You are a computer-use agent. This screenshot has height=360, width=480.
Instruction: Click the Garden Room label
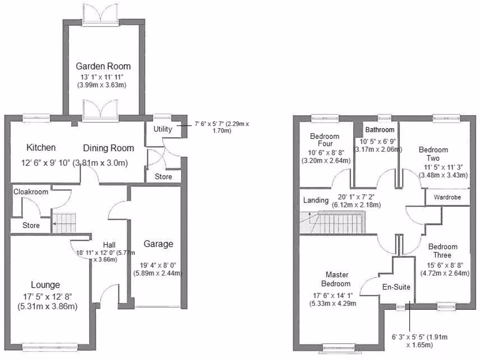pyautogui.click(x=103, y=66)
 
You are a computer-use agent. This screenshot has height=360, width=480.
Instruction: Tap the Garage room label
pyautogui.click(x=158, y=244)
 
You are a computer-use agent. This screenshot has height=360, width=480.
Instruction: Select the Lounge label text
pyautogui.click(x=45, y=285)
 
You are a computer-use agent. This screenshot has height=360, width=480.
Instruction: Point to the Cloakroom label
pyautogui.click(x=31, y=192)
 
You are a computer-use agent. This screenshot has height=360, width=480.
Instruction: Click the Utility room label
pyautogui.click(x=163, y=129)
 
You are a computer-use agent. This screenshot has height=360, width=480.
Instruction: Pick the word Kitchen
pyautogui.click(x=41, y=148)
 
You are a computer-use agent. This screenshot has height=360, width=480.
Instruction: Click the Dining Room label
pyautogui.click(x=108, y=148)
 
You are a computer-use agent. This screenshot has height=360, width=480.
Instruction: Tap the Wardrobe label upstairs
pyautogui.click(x=447, y=197)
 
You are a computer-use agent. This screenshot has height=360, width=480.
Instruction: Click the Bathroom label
pyautogui.click(x=380, y=129)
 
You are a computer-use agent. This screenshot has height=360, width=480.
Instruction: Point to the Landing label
pyautogui.click(x=315, y=200)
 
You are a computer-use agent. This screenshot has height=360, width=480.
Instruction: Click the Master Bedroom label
pyautogui.click(x=336, y=279)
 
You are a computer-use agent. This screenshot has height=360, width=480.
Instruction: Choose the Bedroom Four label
pyautogui.click(x=325, y=141)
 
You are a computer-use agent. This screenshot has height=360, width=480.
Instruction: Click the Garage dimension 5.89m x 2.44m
pyautogui.click(x=158, y=273)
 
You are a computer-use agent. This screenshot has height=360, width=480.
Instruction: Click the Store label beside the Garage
pyautogui.click(x=163, y=177)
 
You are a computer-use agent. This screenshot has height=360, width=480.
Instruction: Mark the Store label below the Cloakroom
pyautogui.click(x=31, y=226)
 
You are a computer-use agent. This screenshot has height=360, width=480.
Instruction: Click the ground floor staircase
pyautogui.click(x=64, y=223)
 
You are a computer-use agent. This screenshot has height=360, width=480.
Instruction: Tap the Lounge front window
pyautogui.click(x=51, y=347)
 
